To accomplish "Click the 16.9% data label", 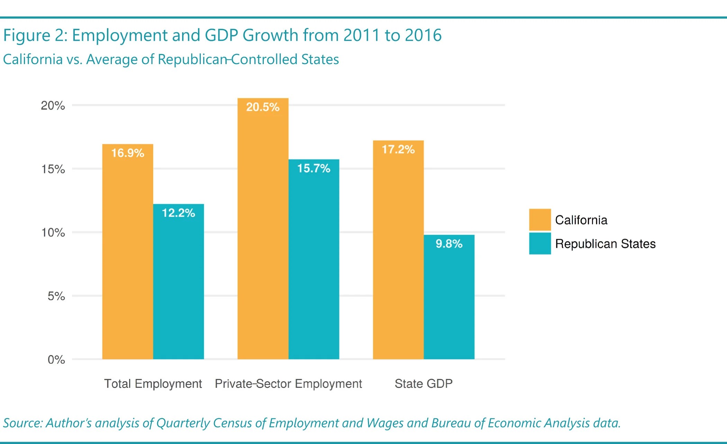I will tap(127, 153).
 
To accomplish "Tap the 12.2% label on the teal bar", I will tap(178, 213).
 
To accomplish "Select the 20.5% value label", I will tap(263, 107).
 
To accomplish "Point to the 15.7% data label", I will tap(314, 169).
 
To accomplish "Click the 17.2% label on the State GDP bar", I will tap(398, 150).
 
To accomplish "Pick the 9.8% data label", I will tap(449, 244).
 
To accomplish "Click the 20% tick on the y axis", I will tap(53, 106).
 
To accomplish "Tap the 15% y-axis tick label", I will tap(53, 169).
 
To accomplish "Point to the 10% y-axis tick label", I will tap(53, 233).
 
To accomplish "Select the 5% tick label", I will tap(56, 296).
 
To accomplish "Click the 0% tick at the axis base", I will tap(56, 360).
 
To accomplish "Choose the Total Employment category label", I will tap(153, 384).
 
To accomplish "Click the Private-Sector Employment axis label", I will tap(288, 384).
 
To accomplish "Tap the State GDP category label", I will tap(423, 384).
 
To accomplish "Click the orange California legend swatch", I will tap(540, 220).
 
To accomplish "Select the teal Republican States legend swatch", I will tap(540, 243).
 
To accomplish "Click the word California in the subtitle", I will tap(33, 60).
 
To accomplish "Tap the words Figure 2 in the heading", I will tap(34, 36).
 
